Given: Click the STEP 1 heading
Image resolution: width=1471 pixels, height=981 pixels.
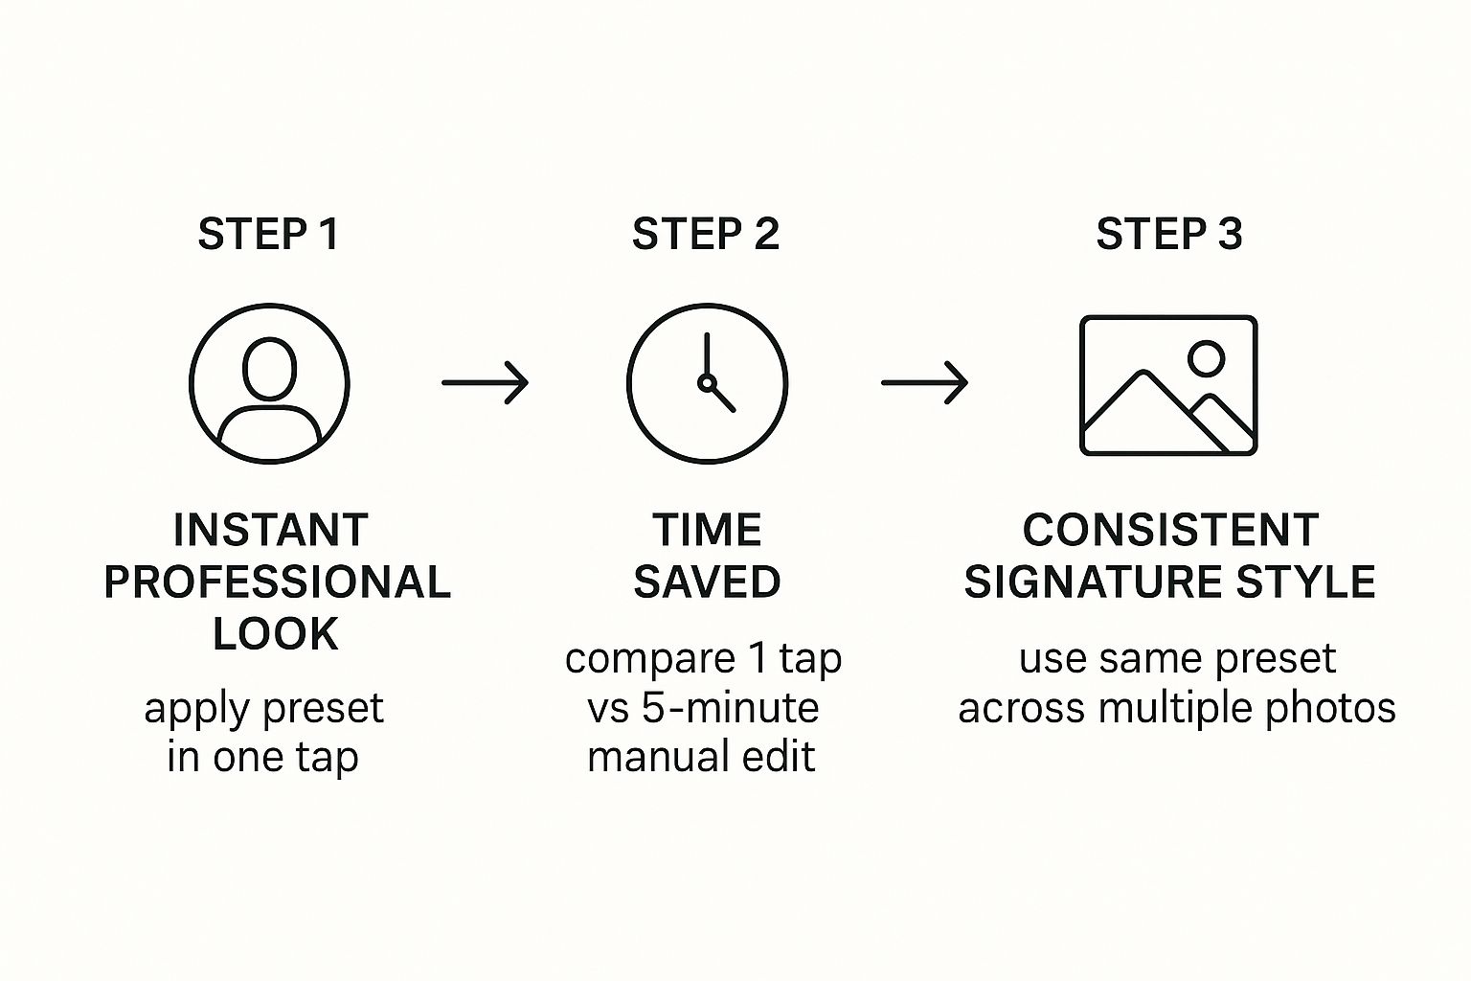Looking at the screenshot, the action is coord(268,234).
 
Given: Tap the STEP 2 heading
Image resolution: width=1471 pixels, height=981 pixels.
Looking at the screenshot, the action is coord(706,234).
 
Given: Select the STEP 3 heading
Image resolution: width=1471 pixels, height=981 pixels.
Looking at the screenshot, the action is coord(1169,234).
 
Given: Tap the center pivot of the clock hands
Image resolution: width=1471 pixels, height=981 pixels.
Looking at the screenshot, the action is coord(707,382).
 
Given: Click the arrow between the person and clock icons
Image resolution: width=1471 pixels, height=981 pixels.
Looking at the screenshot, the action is coord(486,382).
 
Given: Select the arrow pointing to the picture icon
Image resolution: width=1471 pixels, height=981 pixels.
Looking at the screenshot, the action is coord(924,382).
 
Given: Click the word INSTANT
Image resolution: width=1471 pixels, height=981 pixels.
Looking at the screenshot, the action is coord(271,530).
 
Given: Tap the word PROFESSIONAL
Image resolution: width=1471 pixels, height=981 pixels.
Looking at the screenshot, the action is coord(277,582).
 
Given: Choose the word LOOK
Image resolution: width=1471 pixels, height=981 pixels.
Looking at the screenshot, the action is coord(275,634).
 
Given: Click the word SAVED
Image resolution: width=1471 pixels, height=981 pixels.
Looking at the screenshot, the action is coord(708,582).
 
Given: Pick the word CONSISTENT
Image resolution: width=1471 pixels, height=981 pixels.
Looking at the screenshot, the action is coord(1170,530).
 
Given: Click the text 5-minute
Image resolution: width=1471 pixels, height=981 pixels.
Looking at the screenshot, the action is coord(731,708).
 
